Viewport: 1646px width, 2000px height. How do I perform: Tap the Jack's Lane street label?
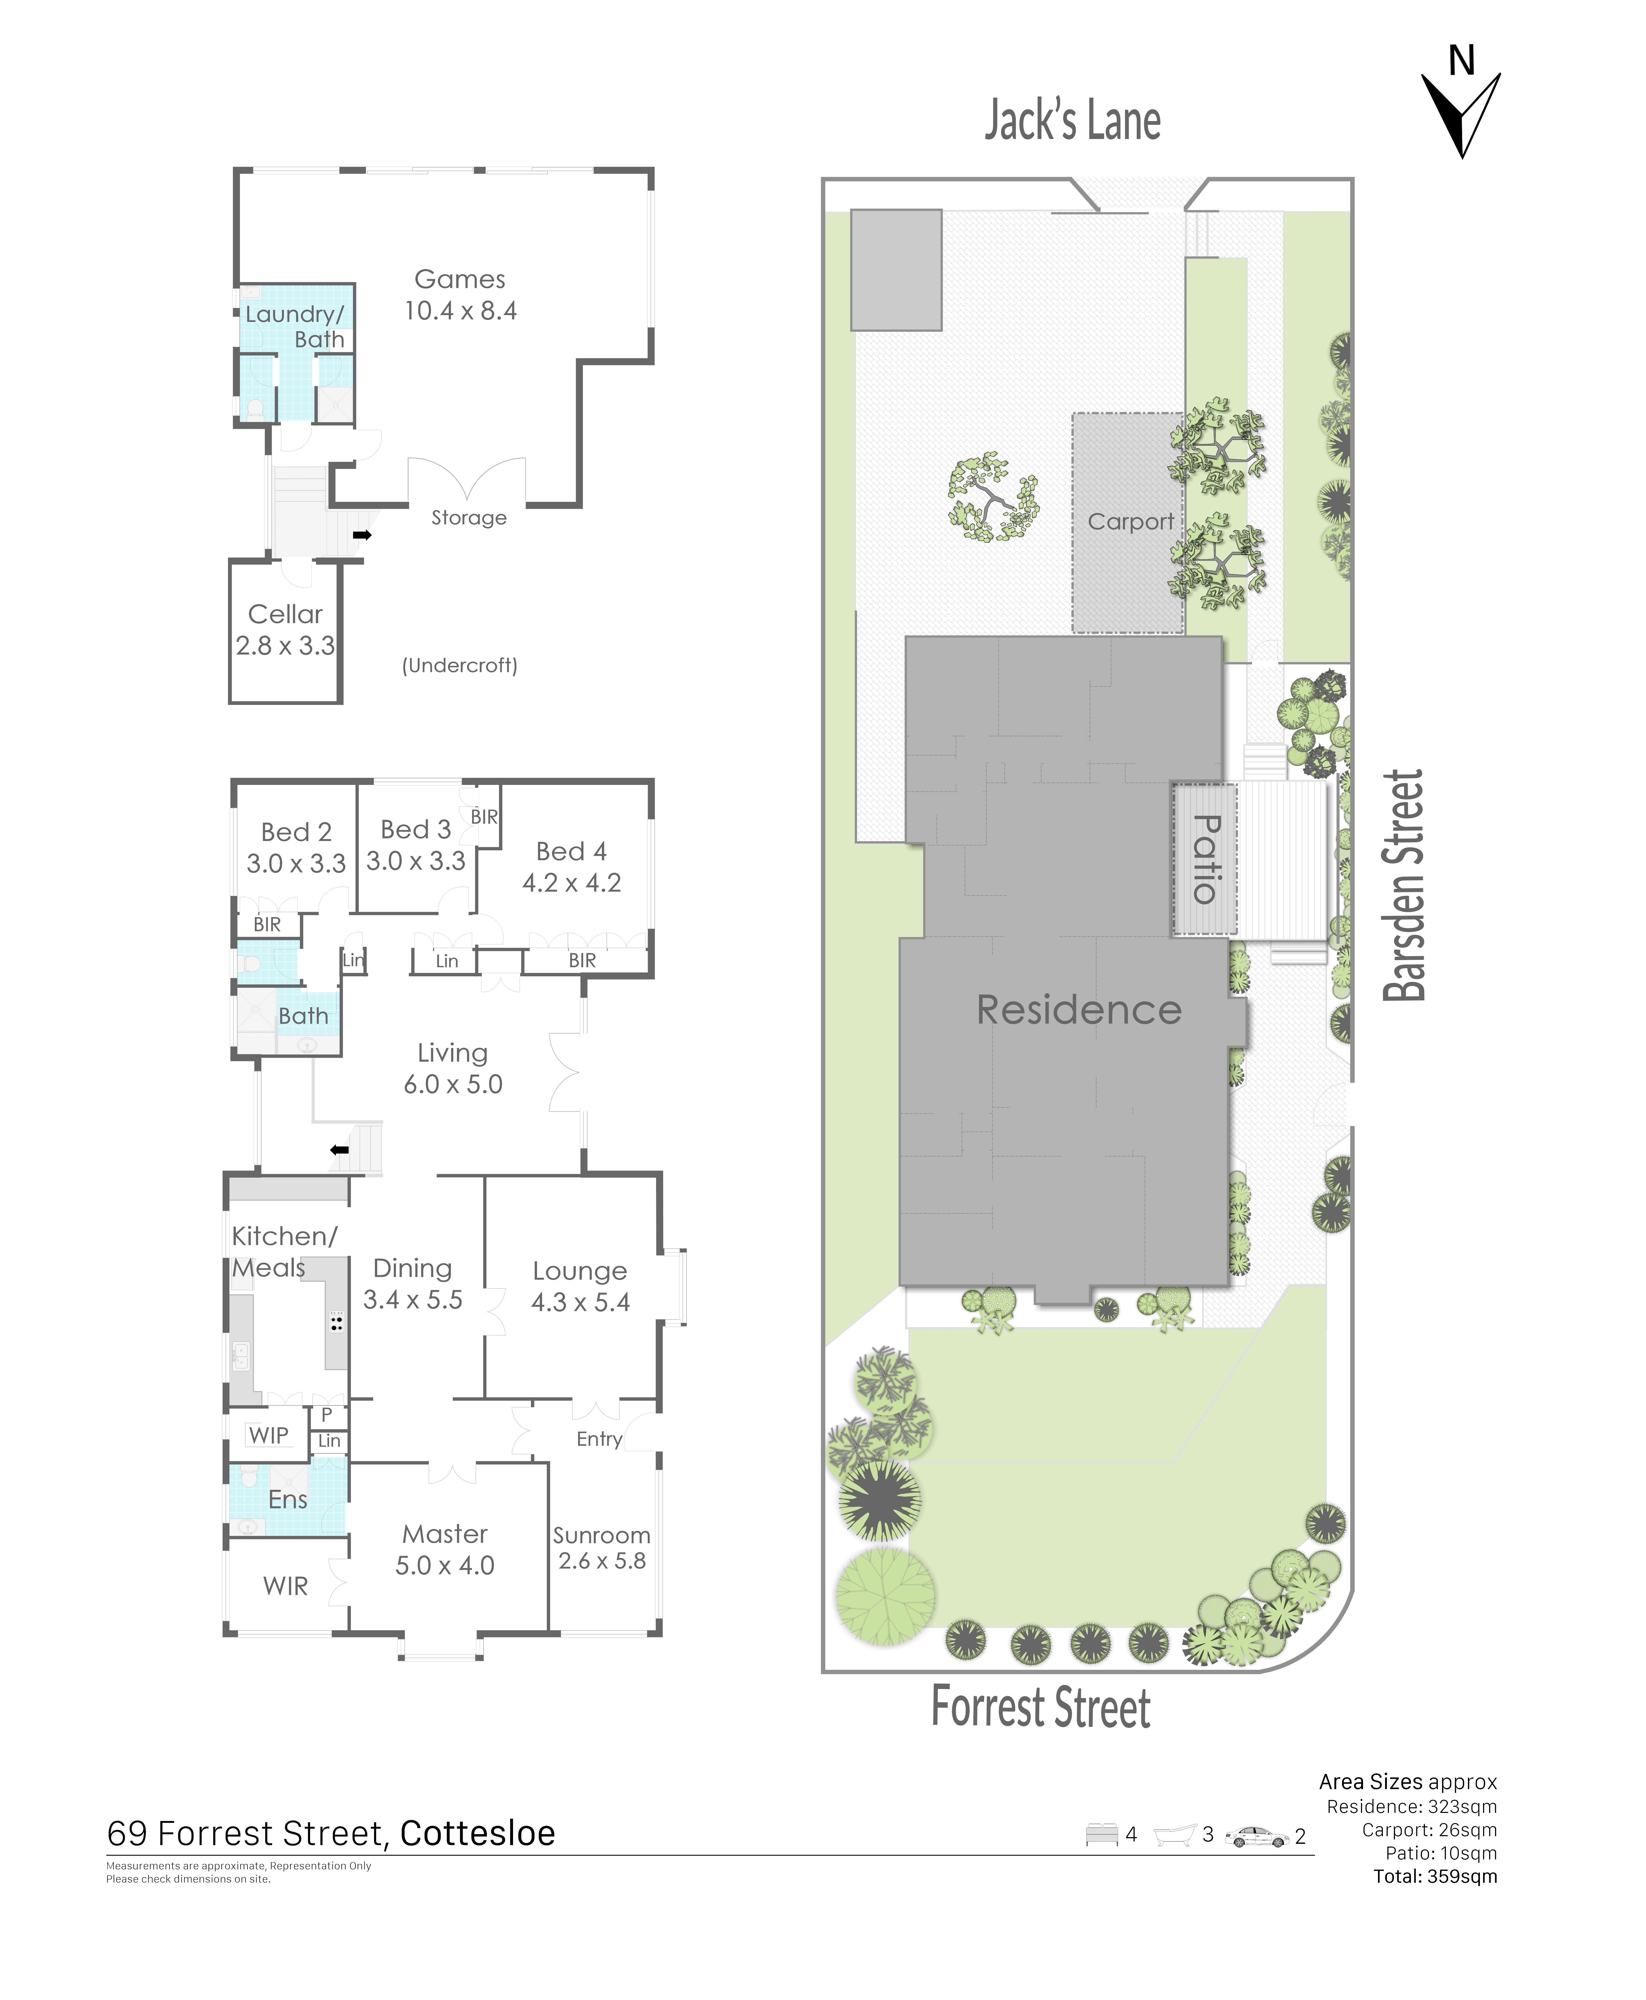1072,120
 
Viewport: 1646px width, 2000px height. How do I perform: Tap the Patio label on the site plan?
1205,859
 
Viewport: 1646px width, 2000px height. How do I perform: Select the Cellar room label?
285,614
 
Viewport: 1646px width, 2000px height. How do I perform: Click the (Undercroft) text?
460,665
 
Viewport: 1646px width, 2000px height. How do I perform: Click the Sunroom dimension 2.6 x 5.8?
602,1561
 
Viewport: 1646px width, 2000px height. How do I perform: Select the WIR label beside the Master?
285,1586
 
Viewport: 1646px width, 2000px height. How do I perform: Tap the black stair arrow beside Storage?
362,536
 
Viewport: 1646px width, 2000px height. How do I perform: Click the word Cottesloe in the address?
478,1833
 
